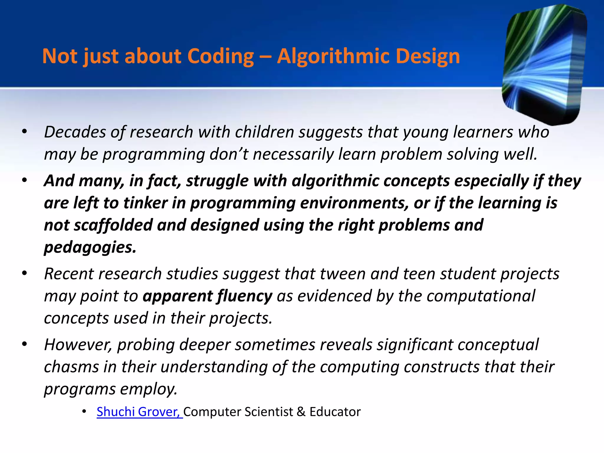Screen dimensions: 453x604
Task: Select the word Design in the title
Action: point(427,56)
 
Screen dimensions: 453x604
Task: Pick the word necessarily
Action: point(293,154)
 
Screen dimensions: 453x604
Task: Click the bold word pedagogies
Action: point(90,247)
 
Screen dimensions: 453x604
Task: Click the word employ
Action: point(149,389)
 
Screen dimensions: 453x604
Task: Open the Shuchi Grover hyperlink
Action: point(139,412)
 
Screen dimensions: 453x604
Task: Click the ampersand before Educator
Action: point(301,412)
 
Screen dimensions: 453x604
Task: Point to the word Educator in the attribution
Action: point(335,412)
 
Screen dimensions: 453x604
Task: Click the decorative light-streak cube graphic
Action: point(544,63)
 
